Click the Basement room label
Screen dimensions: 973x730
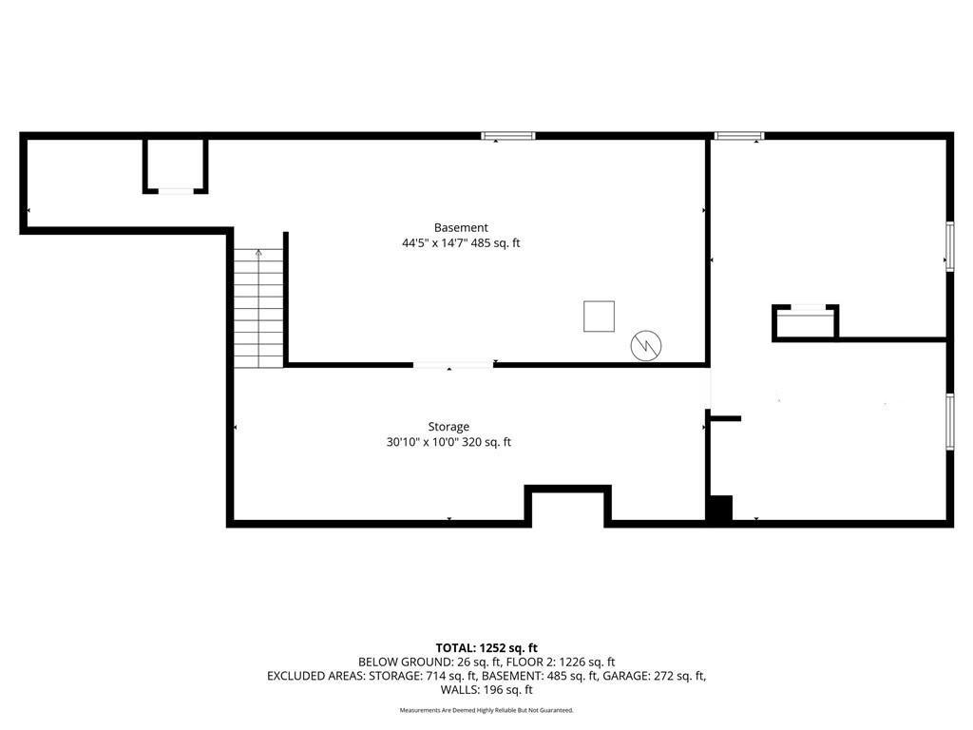coord(461,228)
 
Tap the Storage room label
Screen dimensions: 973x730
coord(448,427)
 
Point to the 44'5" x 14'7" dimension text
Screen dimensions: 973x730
coord(433,243)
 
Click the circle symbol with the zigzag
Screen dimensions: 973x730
coord(646,345)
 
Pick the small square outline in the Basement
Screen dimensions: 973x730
coord(599,317)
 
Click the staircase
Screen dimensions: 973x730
coord(258,308)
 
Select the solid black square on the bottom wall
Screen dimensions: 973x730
coord(720,509)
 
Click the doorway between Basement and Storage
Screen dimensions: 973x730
coord(453,365)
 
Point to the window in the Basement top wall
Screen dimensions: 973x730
coord(508,136)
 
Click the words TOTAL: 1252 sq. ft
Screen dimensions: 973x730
coord(486,648)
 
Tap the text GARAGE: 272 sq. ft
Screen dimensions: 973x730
coord(654,676)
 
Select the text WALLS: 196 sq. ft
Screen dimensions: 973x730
coord(486,690)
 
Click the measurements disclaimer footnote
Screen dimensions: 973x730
coord(486,710)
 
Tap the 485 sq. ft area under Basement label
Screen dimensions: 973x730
coord(495,243)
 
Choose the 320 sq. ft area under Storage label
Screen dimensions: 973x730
coord(486,443)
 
